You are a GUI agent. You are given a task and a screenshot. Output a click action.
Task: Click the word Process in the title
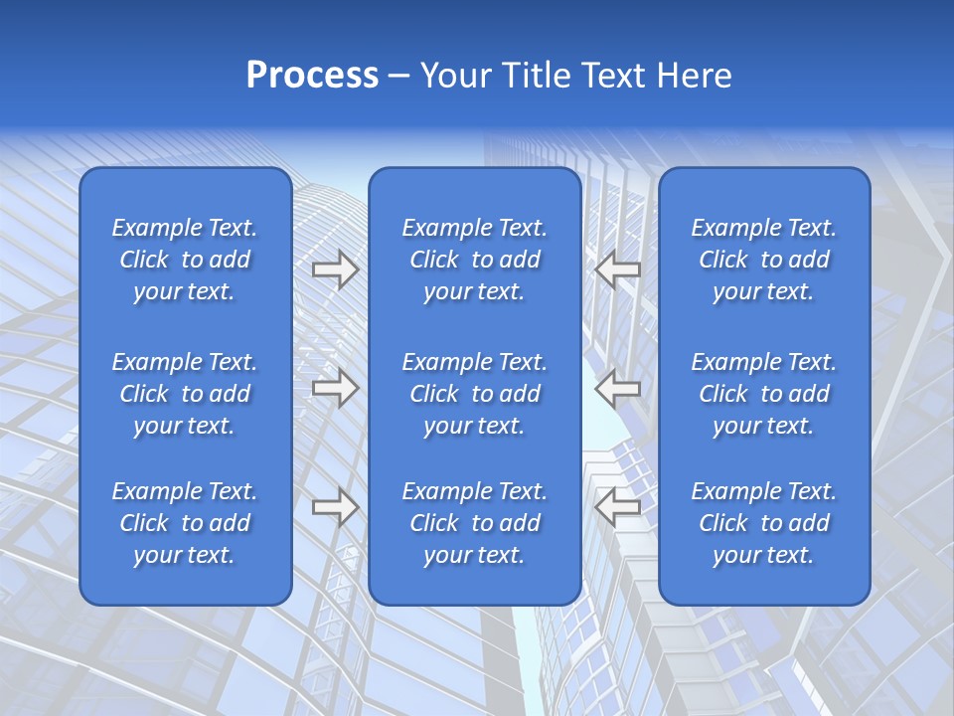point(312,76)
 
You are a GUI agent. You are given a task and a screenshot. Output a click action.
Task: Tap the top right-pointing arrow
point(335,269)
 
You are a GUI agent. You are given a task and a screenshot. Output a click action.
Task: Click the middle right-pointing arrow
point(335,388)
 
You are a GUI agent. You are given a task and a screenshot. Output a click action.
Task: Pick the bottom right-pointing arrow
point(335,506)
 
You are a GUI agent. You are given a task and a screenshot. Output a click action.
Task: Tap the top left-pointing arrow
point(617,269)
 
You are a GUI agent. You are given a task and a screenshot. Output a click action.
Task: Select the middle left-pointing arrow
point(617,388)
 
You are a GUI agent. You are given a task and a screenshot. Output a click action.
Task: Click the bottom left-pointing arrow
point(617,506)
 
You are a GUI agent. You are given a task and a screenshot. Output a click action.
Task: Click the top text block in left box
point(185,260)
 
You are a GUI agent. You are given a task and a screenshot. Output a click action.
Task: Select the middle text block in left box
point(185,394)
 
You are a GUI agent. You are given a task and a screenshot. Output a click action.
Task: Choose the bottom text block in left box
point(185,523)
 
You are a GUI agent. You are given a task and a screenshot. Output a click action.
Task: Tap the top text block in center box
point(475,260)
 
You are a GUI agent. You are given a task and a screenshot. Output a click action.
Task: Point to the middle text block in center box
point(475,394)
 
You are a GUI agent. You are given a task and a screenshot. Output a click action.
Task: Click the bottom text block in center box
point(475,523)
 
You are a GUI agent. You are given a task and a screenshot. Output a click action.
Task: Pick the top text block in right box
point(764,260)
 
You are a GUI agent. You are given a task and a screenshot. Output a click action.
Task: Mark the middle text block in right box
point(764,394)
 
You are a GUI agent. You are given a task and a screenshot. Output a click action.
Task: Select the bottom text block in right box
point(764,523)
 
